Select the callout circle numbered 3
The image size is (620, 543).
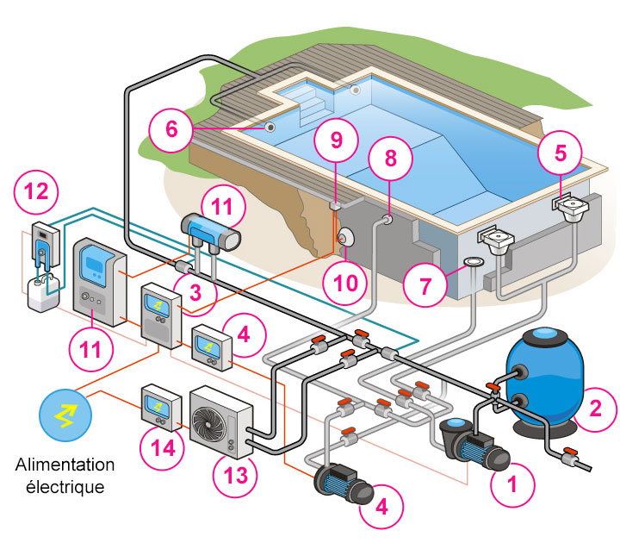pos(197,291)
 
